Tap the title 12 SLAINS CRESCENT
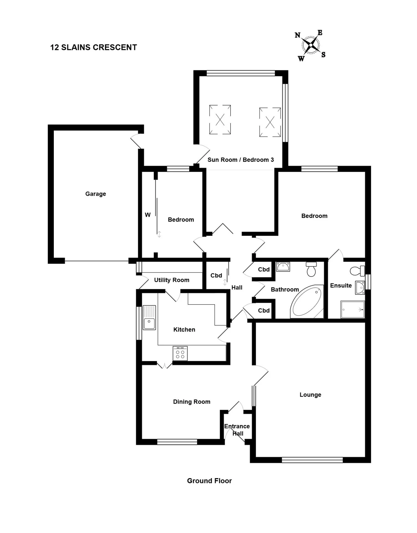click(93, 47)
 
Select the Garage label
click(95, 194)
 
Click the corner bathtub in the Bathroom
click(307, 301)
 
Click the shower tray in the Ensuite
click(353, 309)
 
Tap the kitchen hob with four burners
click(180, 353)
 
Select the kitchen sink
click(149, 318)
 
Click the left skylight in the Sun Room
click(220, 120)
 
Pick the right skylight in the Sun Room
click(270, 122)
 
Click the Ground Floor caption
click(209, 481)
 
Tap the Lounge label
click(310, 395)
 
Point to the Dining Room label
click(192, 402)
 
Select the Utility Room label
click(172, 280)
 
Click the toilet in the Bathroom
click(311, 269)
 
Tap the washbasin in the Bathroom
click(283, 266)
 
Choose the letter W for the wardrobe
click(148, 215)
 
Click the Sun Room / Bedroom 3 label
click(241, 160)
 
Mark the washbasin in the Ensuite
click(360, 288)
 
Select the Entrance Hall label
click(237, 430)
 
